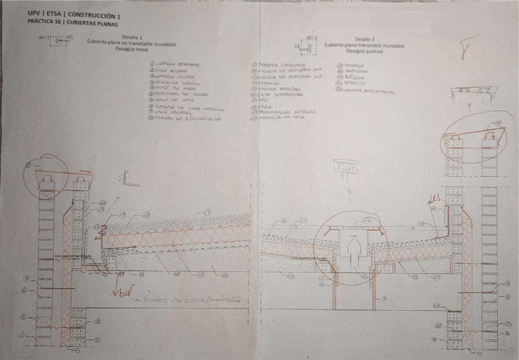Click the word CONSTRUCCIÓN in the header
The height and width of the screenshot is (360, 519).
pos(91,13)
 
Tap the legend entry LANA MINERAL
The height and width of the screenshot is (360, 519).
pos(168,112)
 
